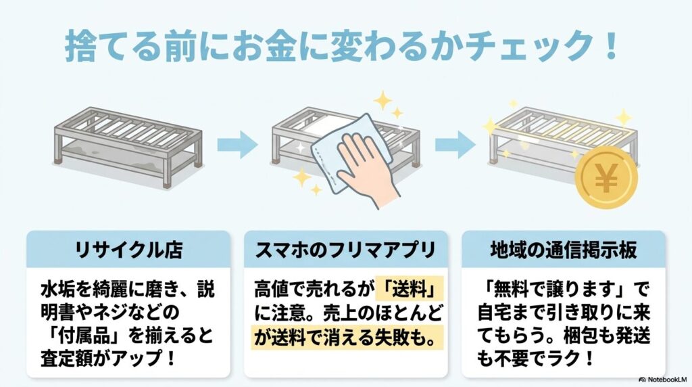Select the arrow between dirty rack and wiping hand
(237, 143)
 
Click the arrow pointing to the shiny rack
(455, 143)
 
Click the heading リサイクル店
(128, 249)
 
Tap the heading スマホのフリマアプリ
(345, 249)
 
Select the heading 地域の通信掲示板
(563, 249)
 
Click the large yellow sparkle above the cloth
(383, 102)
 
